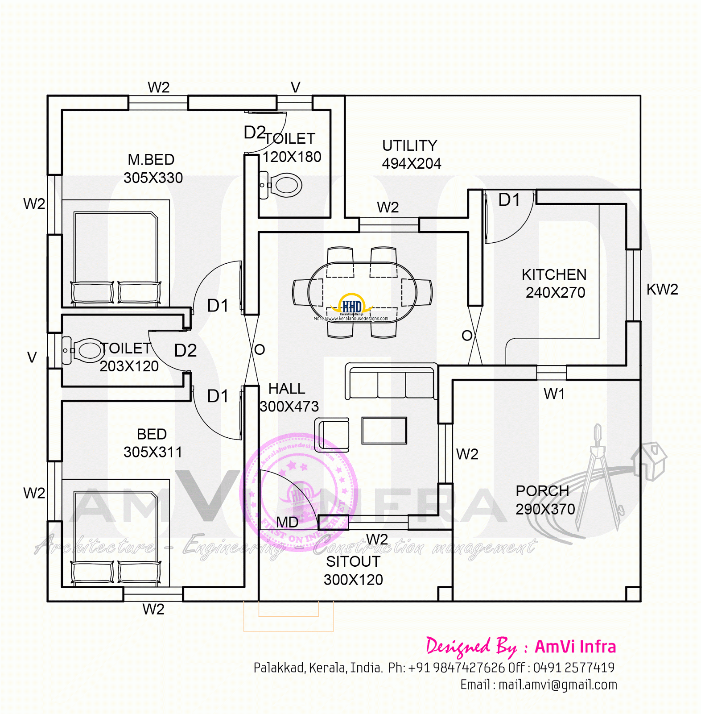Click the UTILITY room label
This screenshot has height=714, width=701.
tap(409, 145)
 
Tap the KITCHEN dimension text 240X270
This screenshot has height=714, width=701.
tap(555, 293)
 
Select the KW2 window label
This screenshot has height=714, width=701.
tap(662, 290)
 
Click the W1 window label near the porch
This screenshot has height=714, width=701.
tap(554, 394)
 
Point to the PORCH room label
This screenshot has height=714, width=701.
tap(542, 491)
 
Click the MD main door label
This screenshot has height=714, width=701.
tap(287, 522)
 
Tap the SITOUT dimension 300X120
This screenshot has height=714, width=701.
tap(353, 580)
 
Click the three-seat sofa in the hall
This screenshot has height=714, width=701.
tap(391, 382)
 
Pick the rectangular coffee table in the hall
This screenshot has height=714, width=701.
tap(384, 431)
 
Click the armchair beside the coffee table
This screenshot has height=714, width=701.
tap(333, 434)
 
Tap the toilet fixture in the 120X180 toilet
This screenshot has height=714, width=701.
tap(282, 185)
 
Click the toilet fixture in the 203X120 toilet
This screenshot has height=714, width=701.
tap(85, 350)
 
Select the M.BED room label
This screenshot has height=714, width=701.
tap(151, 160)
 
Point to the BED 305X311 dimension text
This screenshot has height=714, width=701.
tap(153, 452)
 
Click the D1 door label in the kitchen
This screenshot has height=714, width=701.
tap(509, 200)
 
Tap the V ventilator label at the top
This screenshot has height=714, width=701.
tap(295, 87)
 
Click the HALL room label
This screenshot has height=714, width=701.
tap(287, 389)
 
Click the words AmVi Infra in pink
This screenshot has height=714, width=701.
tap(575, 647)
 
